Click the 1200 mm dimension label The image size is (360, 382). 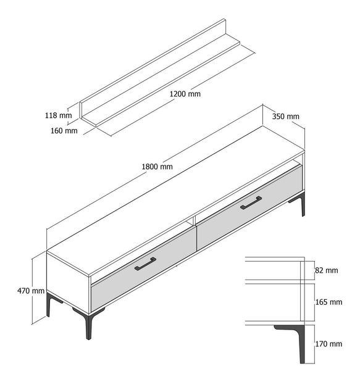coord(185,94)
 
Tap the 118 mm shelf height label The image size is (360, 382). coord(58,115)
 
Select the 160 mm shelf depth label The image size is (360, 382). coord(64,130)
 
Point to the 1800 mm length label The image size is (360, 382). coord(157,167)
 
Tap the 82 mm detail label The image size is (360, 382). coord(327,270)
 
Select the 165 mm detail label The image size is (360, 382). coord(329,302)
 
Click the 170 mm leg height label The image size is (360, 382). coord(329,344)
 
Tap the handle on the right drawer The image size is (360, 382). coord(251,203)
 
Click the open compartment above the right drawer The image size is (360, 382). coord(247,185)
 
